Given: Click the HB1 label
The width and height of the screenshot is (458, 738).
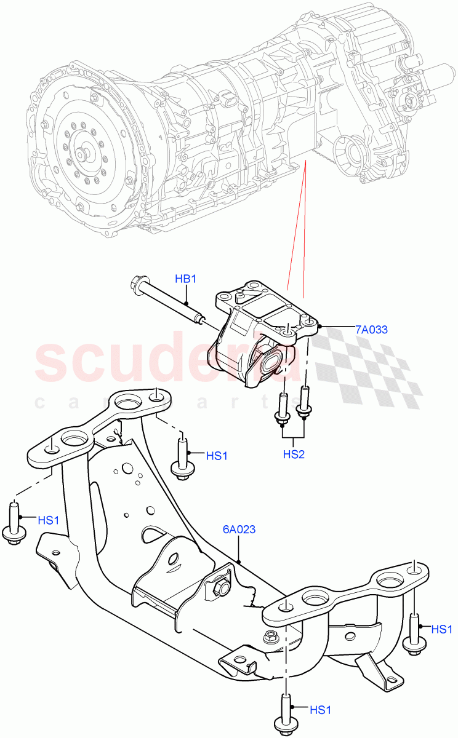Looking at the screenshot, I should (x=185, y=279).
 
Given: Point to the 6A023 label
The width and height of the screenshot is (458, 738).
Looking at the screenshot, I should (x=239, y=529).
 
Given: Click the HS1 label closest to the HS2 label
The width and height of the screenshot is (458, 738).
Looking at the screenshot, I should (x=217, y=456).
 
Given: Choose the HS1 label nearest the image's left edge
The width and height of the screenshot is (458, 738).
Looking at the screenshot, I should (x=49, y=520).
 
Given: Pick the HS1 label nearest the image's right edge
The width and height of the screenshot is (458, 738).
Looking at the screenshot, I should (x=442, y=629).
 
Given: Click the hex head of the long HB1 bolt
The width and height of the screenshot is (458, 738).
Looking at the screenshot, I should (x=137, y=285).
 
